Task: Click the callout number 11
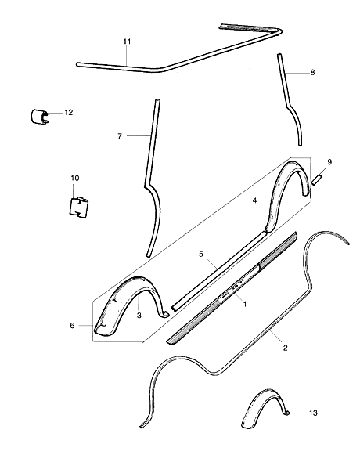coord(127,42)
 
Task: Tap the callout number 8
coord(312,72)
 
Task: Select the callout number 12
coord(69,112)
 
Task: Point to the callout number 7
coord(120,136)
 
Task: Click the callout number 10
coord(75,178)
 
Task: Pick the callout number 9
coord(329,162)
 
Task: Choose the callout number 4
coord(254,200)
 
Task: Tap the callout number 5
coord(201,255)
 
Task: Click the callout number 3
coord(139,315)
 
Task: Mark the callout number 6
coord(72,326)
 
